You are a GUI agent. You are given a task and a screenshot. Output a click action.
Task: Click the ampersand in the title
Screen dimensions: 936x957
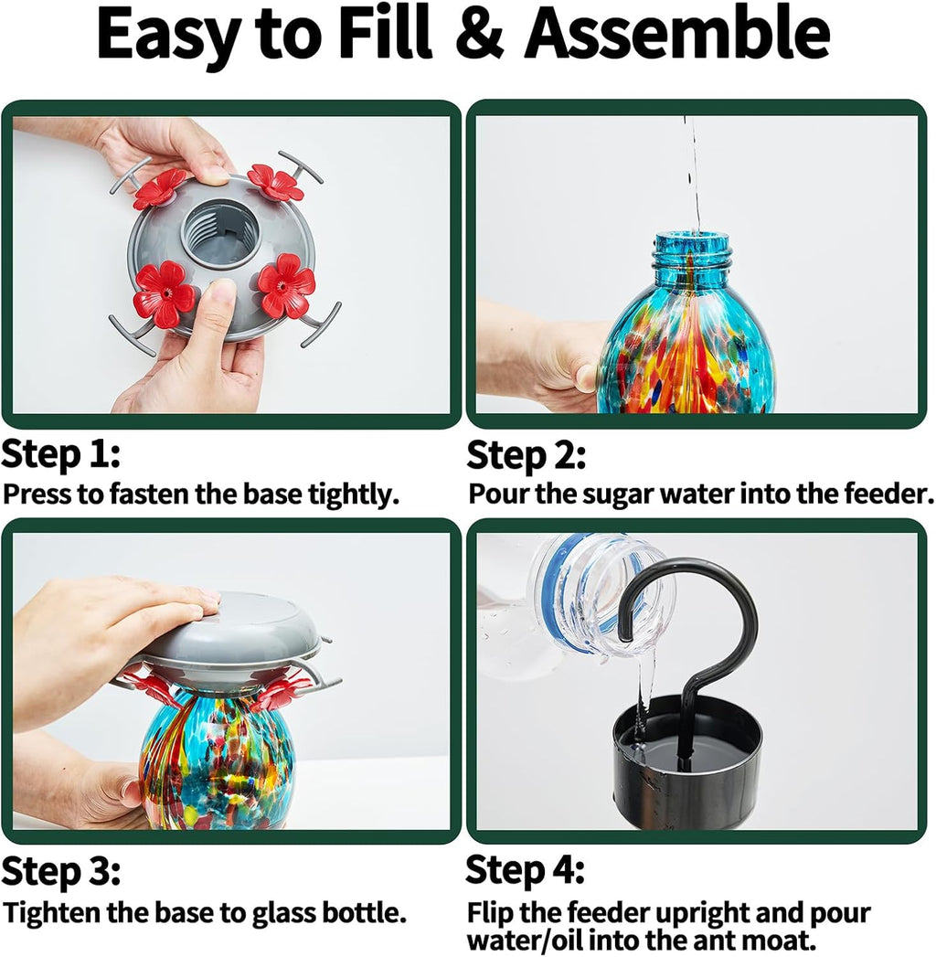tap(480, 34)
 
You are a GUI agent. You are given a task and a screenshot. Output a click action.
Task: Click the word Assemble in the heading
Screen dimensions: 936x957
tap(677, 34)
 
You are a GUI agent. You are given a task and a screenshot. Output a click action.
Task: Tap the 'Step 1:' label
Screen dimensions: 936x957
tap(60, 454)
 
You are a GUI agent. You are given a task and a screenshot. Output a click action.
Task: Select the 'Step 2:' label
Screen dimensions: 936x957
tap(526, 456)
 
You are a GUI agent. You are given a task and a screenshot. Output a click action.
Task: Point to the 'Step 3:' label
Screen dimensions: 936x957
tap(60, 872)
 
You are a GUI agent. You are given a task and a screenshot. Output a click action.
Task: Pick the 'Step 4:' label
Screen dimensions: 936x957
tap(525, 870)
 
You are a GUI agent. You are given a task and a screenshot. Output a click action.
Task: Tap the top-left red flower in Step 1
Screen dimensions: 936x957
tap(160, 187)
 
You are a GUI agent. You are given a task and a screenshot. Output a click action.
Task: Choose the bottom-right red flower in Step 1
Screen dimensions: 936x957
tap(285, 285)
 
